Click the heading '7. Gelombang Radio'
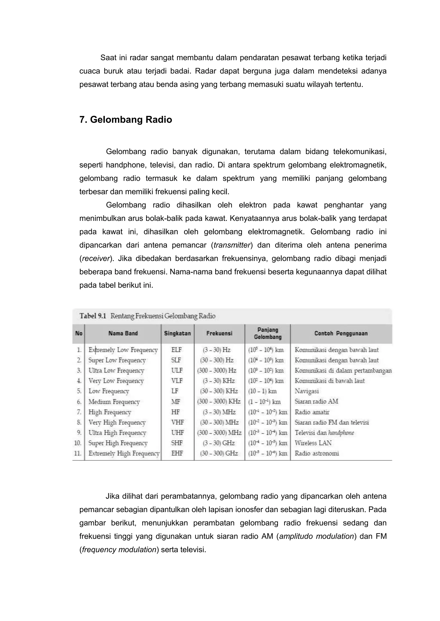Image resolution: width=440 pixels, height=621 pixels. pos(125,120)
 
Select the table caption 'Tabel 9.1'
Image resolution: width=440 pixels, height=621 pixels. pos(92,316)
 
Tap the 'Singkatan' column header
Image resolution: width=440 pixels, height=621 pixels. pos(177,333)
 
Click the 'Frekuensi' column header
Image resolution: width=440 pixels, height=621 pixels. pos(219,333)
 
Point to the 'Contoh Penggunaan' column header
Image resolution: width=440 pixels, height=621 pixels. pos(341,333)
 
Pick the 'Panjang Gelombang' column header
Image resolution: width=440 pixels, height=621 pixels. pos(267,333)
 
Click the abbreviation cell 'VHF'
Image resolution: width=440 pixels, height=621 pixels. pos(177,422)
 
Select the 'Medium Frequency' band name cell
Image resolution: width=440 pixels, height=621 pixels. pos(114,402)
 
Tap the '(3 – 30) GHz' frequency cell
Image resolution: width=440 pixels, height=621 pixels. pos(219,443)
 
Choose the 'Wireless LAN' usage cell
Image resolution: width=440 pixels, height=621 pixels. pos(313,443)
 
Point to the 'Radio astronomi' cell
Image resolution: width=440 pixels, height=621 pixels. pos(317,453)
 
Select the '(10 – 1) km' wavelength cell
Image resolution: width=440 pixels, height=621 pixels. pos(262,391)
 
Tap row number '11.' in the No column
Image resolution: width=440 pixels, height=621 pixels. pos(78,453)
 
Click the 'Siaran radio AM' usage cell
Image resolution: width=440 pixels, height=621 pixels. pos(316,401)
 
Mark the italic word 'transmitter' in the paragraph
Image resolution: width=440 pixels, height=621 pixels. pos(232,245)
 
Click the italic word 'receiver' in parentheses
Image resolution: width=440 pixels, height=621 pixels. pos(96,259)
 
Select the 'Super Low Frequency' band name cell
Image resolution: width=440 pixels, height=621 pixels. pos(117,360)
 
